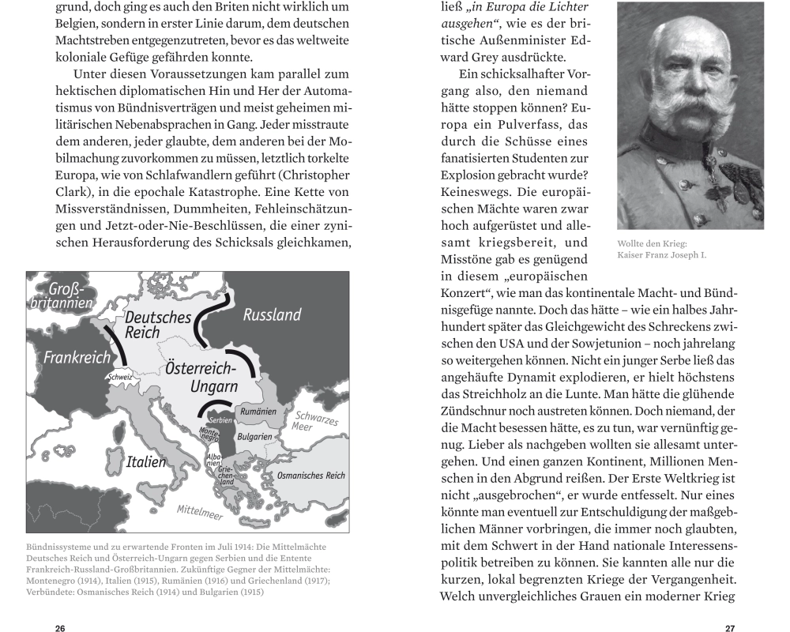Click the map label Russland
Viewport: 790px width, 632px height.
[x=272, y=315]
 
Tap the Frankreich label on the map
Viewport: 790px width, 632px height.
[x=77, y=358]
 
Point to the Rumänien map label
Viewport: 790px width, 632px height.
[x=258, y=412]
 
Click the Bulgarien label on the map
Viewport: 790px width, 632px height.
[x=254, y=436]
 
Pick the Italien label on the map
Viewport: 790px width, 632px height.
[x=146, y=461]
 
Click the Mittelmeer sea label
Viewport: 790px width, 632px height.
[x=200, y=513]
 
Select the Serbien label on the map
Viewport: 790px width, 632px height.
[x=220, y=421]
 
